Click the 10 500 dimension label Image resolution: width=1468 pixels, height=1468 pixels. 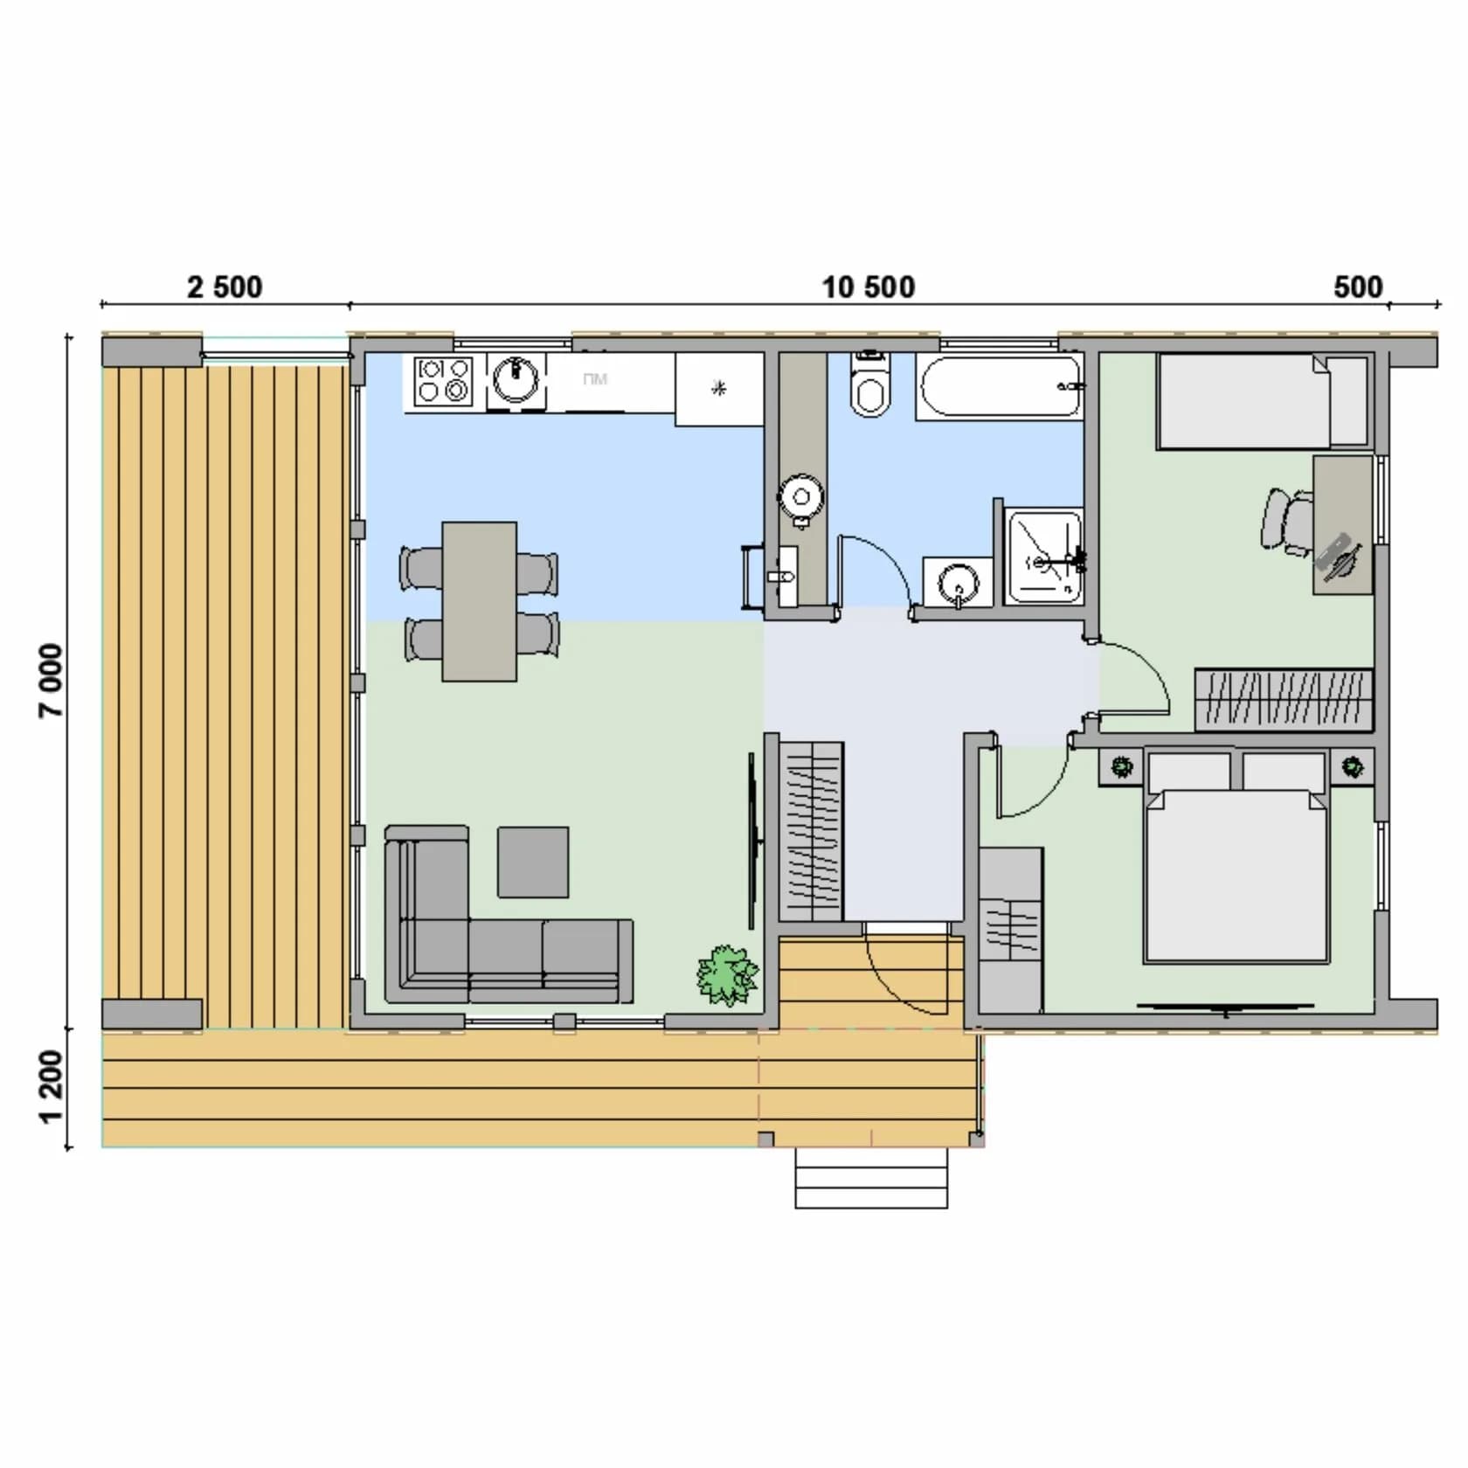868,287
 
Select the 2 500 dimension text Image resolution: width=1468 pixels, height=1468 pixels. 225,287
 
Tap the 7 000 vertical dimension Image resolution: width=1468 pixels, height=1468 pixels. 52,681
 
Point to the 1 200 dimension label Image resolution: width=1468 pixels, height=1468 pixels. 52,1086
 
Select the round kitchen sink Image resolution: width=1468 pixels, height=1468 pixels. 516,378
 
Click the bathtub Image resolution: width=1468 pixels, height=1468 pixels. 1000,387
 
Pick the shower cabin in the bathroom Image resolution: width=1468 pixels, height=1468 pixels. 1043,557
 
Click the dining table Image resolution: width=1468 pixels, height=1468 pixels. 479,601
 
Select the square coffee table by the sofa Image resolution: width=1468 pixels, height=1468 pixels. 533,862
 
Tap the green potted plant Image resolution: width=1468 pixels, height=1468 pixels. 726,974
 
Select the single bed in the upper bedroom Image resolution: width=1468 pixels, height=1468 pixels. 1263,401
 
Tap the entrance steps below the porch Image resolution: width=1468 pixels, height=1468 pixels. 871,1178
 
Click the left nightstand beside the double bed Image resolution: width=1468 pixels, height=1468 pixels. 1121,767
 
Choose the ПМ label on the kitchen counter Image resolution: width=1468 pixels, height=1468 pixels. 595,379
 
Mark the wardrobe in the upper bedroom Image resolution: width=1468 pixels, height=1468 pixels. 1284,700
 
